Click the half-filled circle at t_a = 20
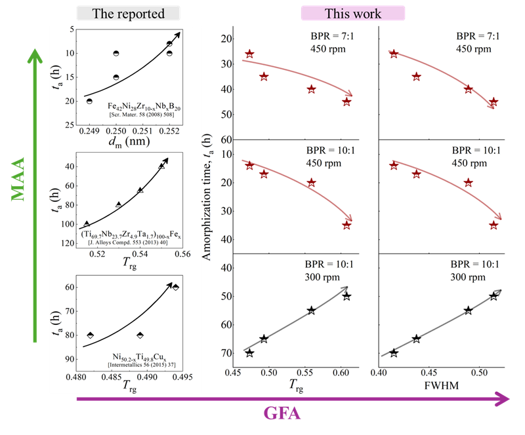coord(89,101)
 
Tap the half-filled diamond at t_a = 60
coord(175,287)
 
